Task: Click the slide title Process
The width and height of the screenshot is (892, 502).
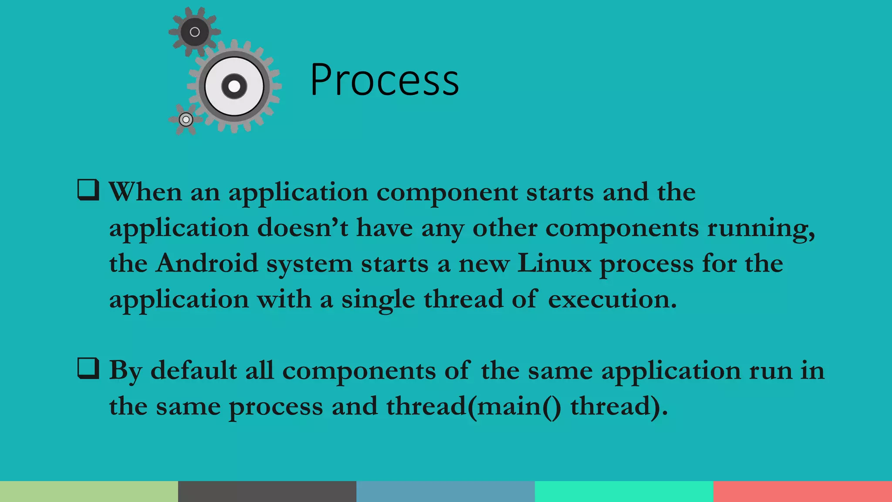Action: [x=385, y=80]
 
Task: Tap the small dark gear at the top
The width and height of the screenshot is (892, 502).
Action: [x=195, y=32]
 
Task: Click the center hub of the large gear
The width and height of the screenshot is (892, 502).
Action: [x=234, y=86]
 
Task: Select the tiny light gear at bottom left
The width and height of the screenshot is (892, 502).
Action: [x=186, y=119]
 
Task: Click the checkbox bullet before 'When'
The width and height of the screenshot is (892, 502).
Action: [x=88, y=190]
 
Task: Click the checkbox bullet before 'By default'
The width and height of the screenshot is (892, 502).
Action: [x=88, y=368]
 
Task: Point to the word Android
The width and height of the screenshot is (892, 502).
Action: [x=207, y=263]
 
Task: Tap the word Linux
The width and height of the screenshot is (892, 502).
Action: [x=554, y=263]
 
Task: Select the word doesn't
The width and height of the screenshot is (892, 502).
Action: [x=302, y=227]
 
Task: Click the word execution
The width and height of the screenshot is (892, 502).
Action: [x=612, y=299]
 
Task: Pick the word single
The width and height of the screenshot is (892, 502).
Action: [x=378, y=300]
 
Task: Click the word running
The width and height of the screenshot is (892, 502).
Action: [x=760, y=228]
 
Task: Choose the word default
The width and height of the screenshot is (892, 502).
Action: [x=193, y=370]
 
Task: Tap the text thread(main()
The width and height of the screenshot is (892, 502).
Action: [x=473, y=406]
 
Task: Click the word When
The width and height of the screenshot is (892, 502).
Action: [x=145, y=192]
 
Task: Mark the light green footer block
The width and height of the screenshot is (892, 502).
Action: [x=89, y=492]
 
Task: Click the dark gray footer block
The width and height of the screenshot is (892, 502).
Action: [x=267, y=492]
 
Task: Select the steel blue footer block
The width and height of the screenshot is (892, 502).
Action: [x=446, y=492]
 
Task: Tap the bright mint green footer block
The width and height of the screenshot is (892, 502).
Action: [x=624, y=492]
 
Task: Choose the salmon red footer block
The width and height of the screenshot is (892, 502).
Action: [x=803, y=492]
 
